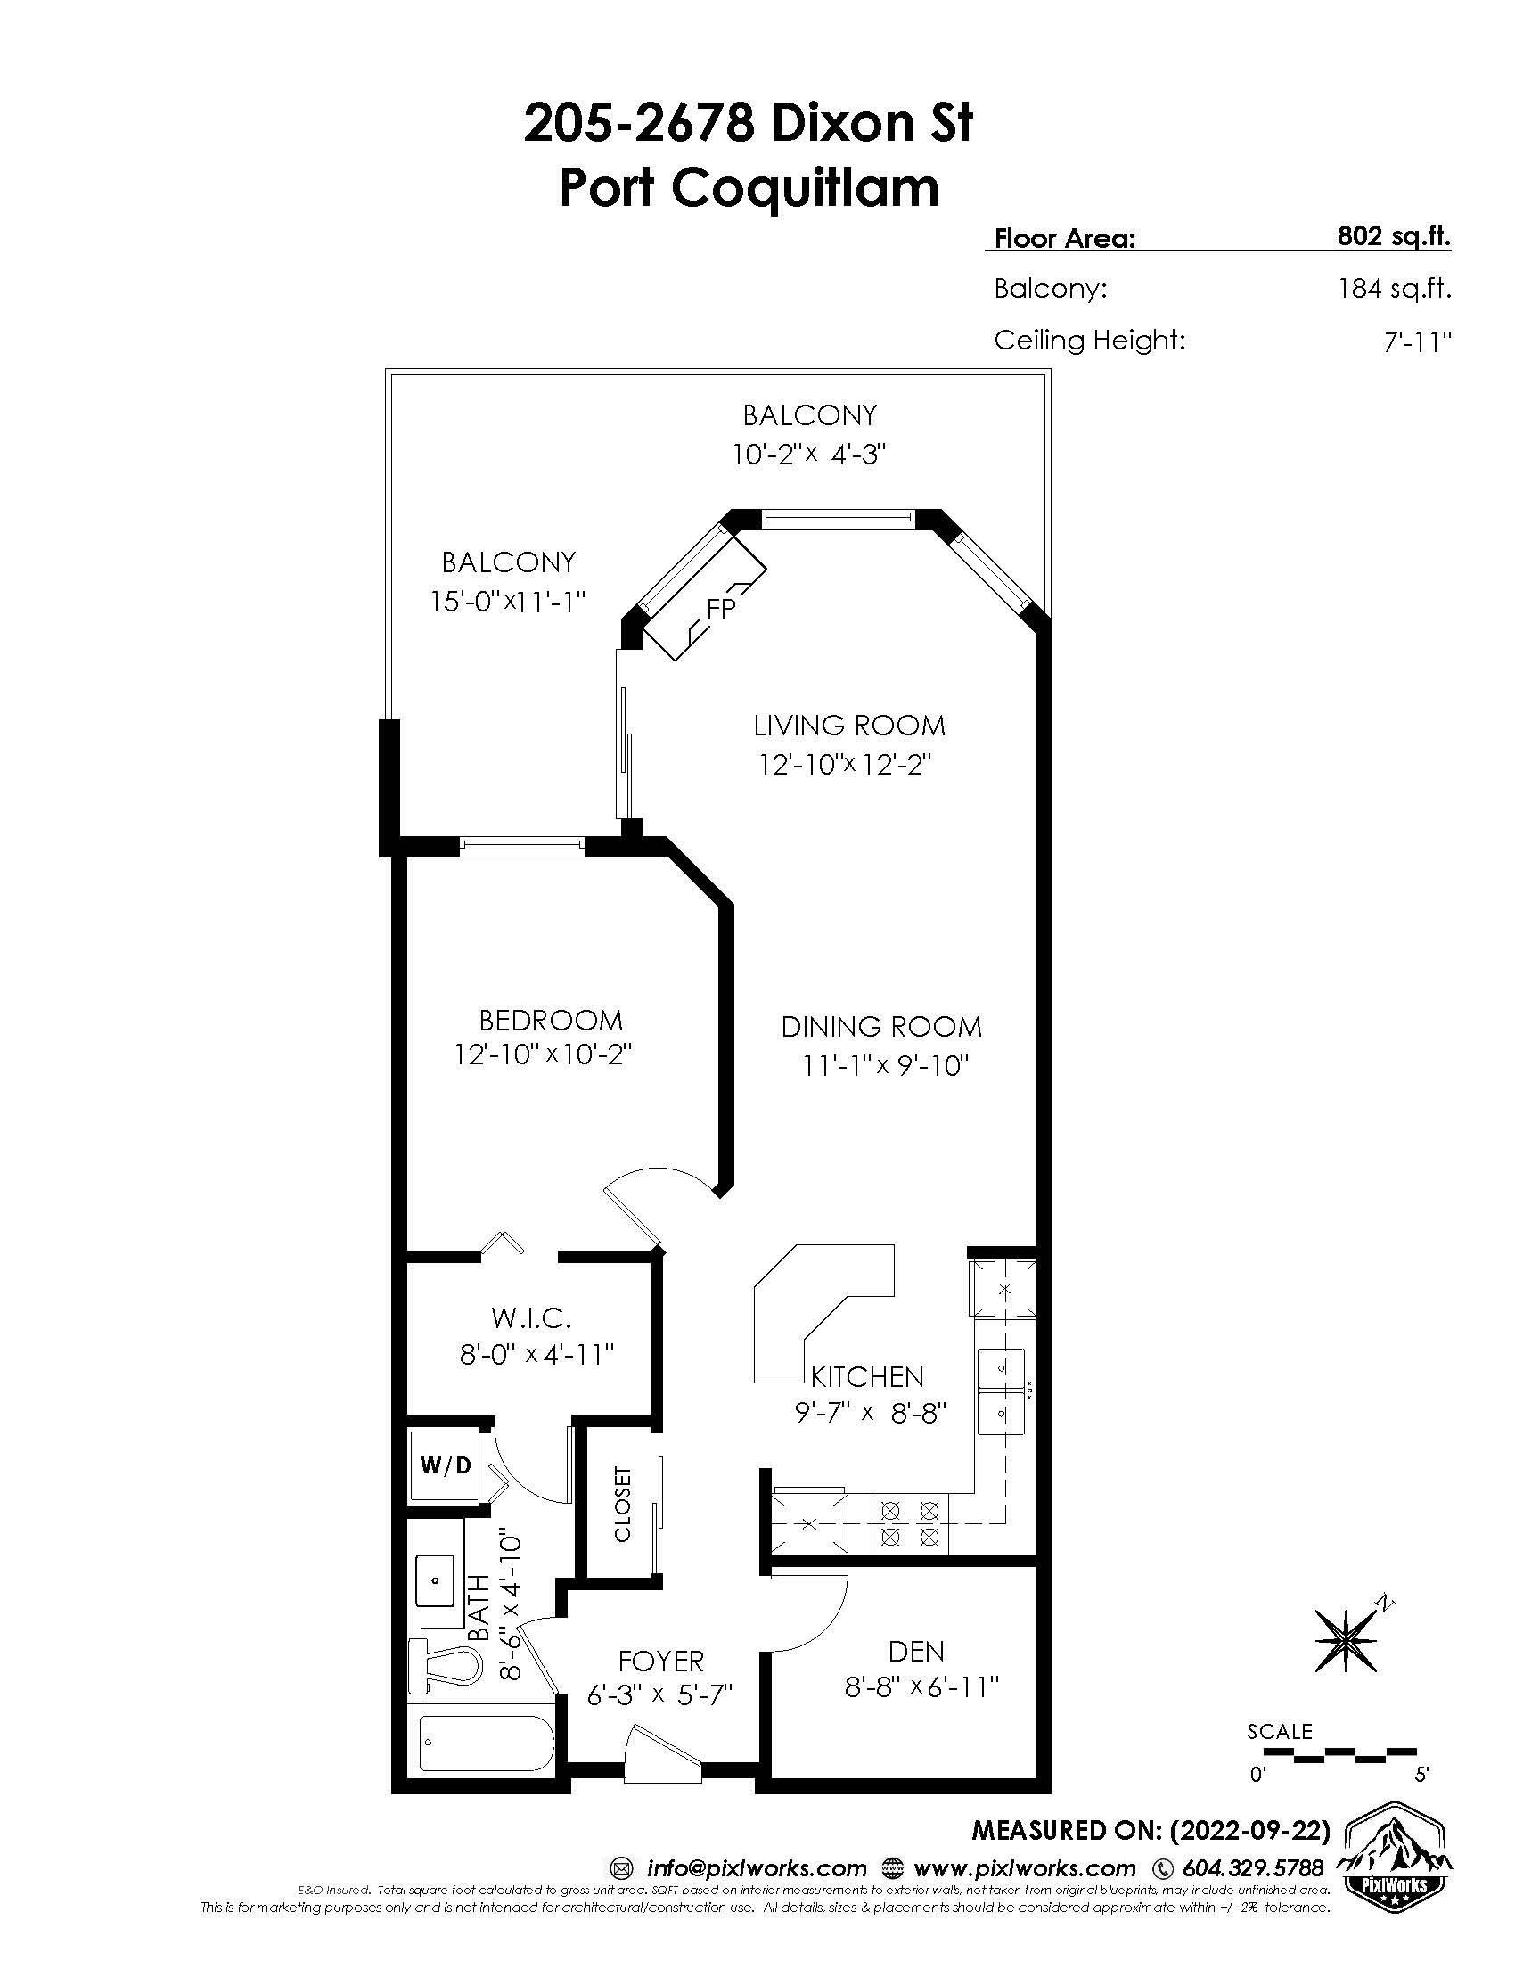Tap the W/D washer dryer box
click(x=446, y=1466)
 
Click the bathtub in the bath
click(x=483, y=1744)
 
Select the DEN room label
click(x=916, y=1650)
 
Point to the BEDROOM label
click(x=550, y=1020)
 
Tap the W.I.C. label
click(x=531, y=1318)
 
